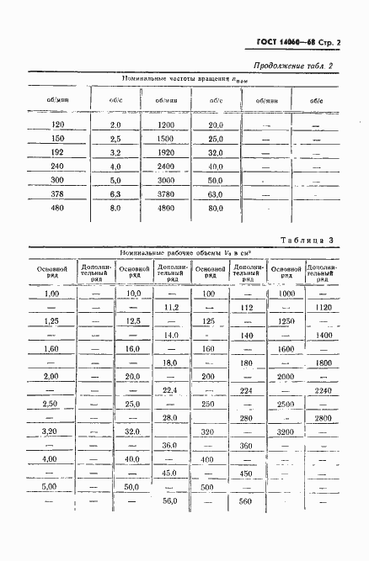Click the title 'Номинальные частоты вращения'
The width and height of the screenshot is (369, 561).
[x=175, y=80]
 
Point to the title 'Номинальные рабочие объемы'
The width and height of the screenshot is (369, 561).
[x=174, y=252]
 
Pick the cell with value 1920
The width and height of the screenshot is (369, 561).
[x=164, y=153]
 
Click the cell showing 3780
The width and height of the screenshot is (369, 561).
[x=164, y=193]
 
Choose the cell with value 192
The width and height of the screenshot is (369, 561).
[x=58, y=153]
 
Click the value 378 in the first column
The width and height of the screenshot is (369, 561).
[x=58, y=193]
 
